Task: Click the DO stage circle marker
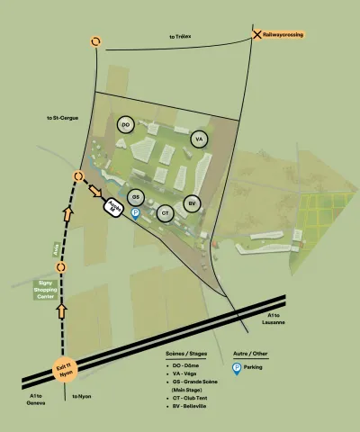pyautogui.click(x=125, y=124)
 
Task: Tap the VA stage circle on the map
pyautogui.click(x=200, y=139)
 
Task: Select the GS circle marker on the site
pyautogui.click(x=136, y=197)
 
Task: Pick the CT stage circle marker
pyautogui.click(x=165, y=213)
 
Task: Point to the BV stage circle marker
pyautogui.click(x=192, y=203)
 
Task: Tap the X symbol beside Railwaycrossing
pyautogui.click(x=254, y=34)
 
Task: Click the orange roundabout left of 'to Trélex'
pyautogui.click(x=95, y=41)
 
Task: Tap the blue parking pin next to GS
pyautogui.click(x=136, y=214)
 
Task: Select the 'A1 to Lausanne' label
pyautogui.click(x=275, y=319)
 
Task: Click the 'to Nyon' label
pyautogui.click(x=82, y=396)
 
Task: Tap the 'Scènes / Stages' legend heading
pyautogui.click(x=187, y=355)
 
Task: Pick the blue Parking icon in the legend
pyautogui.click(x=238, y=369)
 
